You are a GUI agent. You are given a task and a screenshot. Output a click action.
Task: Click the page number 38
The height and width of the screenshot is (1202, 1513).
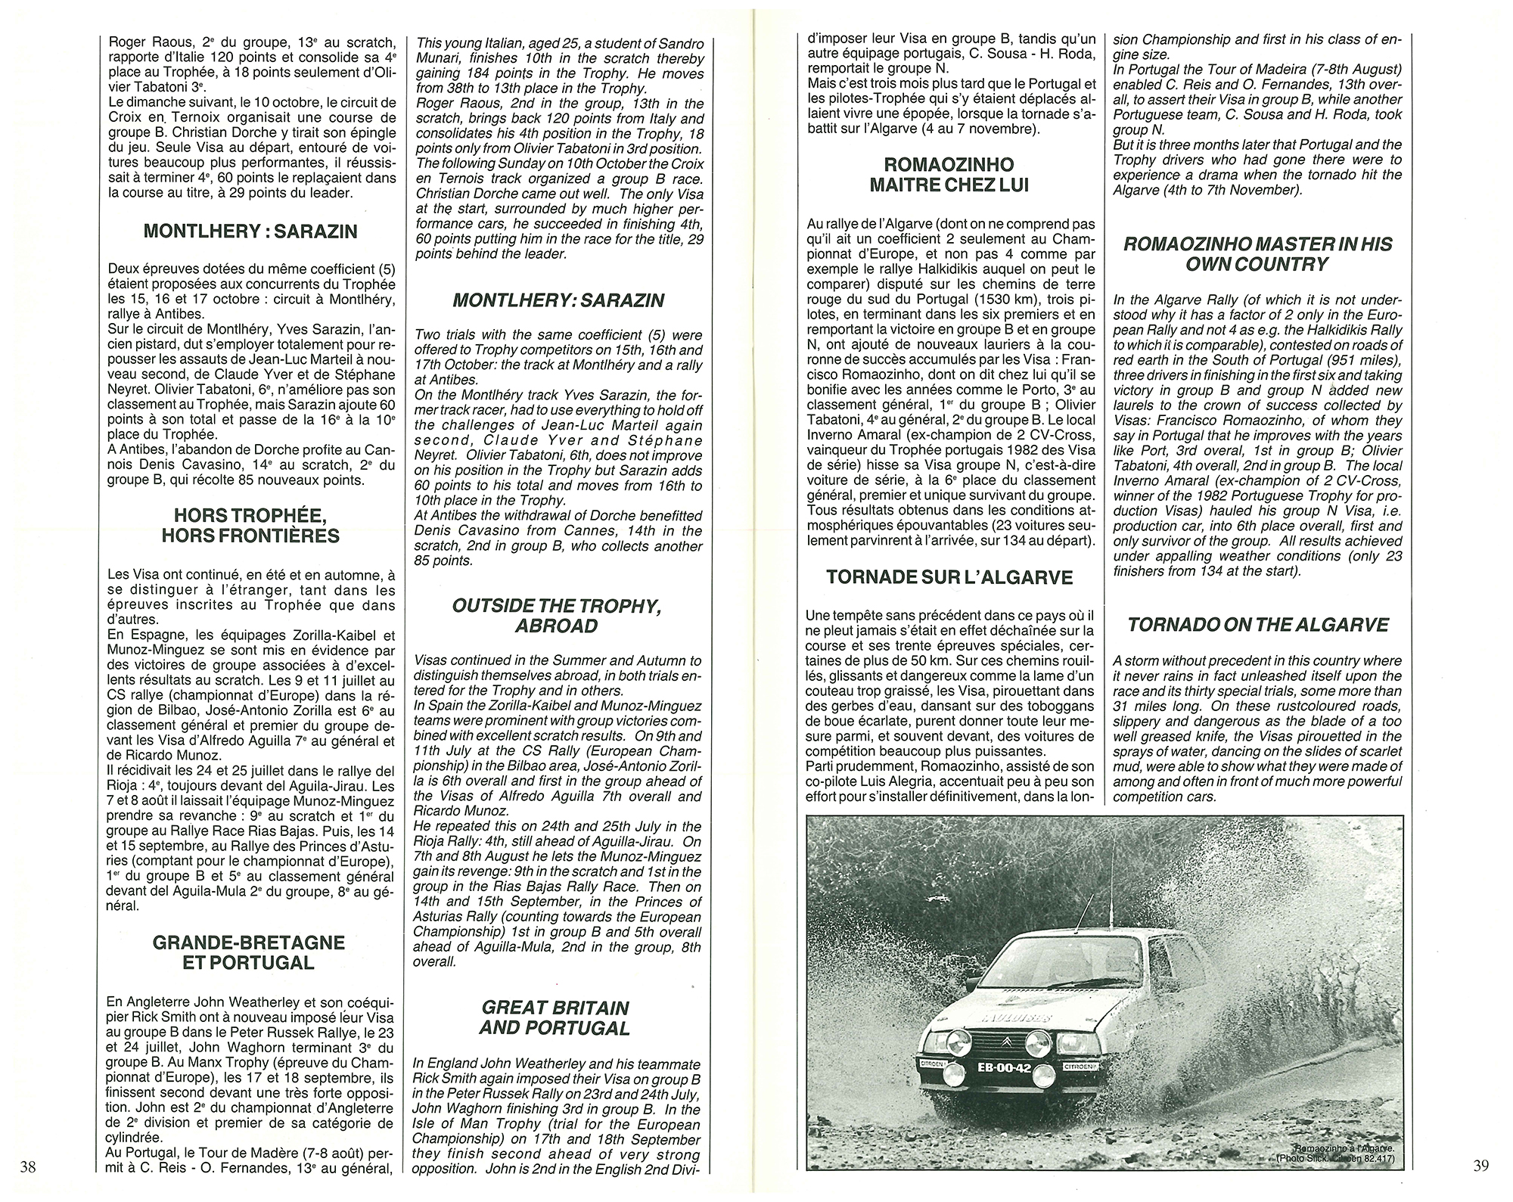(x=28, y=1166)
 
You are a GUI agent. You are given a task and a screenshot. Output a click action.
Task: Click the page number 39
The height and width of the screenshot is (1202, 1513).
(x=1481, y=1166)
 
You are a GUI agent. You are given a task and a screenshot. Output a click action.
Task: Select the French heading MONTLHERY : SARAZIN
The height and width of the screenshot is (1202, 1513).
(x=250, y=231)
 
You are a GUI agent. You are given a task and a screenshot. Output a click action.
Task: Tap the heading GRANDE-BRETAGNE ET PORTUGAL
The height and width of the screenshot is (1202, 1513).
(x=249, y=953)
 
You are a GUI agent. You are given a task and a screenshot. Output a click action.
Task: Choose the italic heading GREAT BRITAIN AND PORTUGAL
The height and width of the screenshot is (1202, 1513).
(x=555, y=1017)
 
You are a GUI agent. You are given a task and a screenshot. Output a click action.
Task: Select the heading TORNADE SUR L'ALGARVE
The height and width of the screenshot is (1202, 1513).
(x=949, y=577)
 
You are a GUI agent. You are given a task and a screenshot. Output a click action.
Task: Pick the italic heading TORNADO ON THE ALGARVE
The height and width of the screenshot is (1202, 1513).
(x=1258, y=625)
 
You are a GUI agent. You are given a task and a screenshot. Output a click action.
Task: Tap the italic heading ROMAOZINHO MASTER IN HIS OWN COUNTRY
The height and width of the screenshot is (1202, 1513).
(x=1258, y=254)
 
